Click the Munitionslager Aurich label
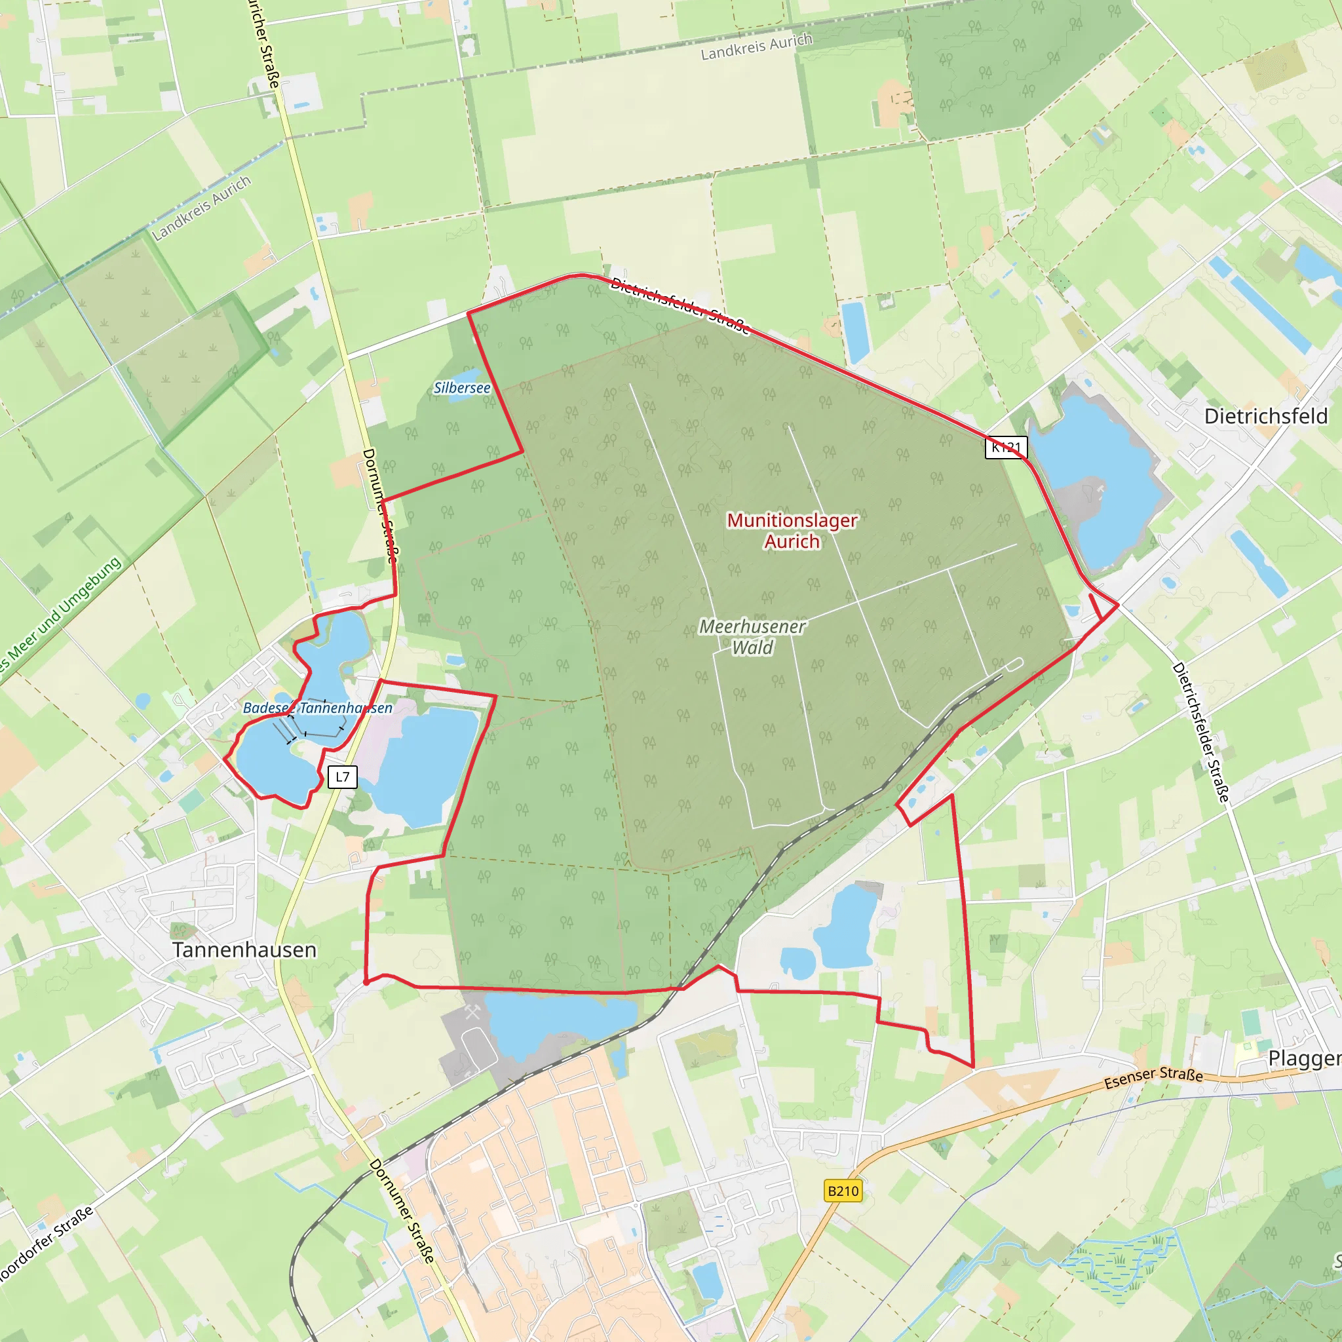pos(792,531)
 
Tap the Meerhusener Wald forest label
pos(752,637)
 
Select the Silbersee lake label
pos(462,388)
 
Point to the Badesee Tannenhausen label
pos(317,708)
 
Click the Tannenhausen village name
pos(244,949)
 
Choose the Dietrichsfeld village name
pos(1265,416)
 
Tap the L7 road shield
pos(343,776)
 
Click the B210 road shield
pos(843,1191)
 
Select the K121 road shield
pos(1006,448)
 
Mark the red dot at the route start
pos(366,982)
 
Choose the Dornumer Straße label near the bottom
pos(402,1210)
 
